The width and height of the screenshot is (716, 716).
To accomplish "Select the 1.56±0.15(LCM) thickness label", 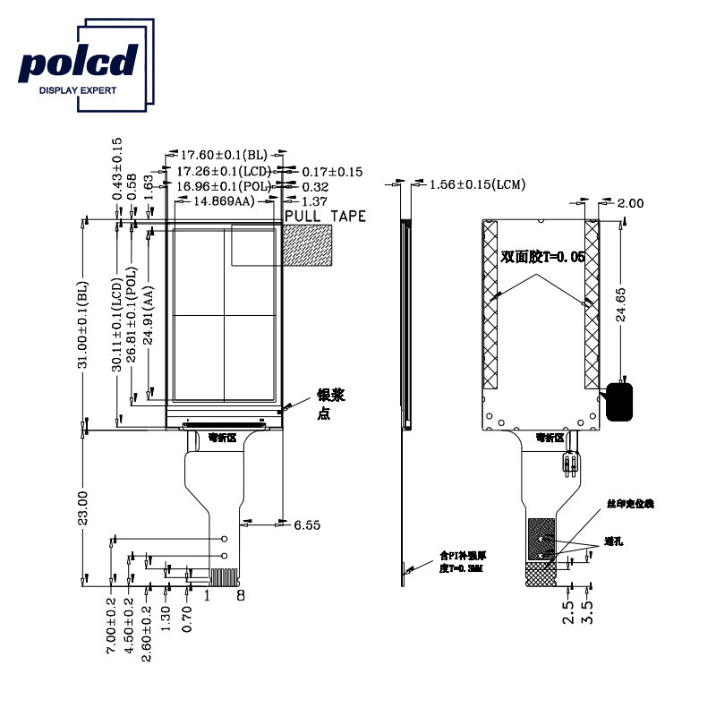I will coord(477,185).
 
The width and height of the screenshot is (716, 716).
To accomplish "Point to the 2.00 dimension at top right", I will coord(630,203).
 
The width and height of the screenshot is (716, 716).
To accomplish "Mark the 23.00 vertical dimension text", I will coord(82,507).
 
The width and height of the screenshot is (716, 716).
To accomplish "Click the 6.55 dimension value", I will coord(307,524).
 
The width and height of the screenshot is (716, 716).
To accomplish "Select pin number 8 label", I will coord(240,594).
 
